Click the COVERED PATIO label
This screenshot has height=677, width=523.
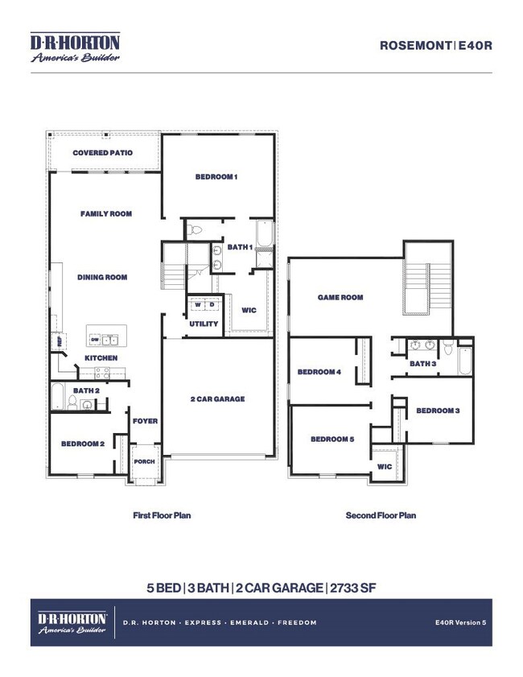click(102, 153)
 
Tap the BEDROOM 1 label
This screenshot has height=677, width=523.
click(216, 177)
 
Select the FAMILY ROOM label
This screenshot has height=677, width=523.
click(105, 214)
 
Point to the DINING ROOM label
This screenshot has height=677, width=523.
click(102, 278)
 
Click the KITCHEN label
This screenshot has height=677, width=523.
click(101, 357)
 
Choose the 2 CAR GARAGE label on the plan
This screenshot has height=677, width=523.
click(217, 399)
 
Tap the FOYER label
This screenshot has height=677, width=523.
click(146, 421)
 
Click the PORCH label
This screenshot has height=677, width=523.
click(144, 462)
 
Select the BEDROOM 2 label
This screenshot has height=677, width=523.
click(83, 444)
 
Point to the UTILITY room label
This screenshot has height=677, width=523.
click(204, 324)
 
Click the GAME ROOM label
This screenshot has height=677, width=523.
click(340, 298)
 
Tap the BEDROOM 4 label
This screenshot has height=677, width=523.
click(319, 372)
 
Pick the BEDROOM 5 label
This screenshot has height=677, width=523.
click(332, 439)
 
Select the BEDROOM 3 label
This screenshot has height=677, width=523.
click(438, 411)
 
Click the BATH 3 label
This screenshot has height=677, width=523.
click(422, 364)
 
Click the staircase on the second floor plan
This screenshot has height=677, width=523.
click(419, 285)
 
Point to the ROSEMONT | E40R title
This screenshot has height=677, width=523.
click(435, 46)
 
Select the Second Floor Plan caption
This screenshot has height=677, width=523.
click(381, 515)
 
